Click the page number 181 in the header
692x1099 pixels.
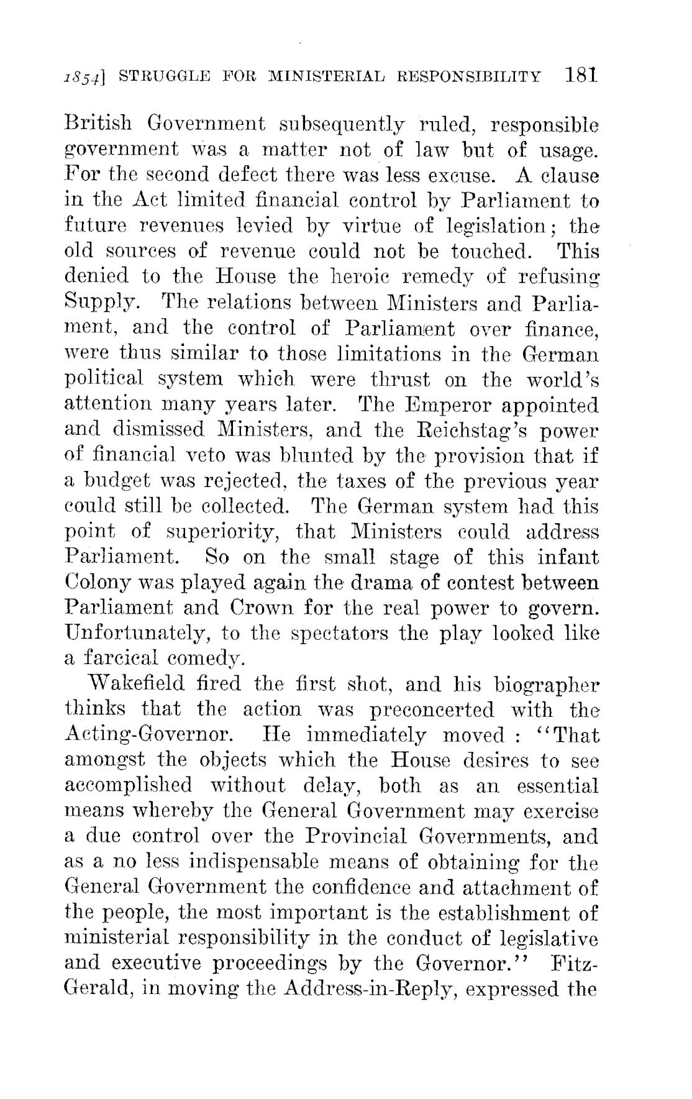click(581, 76)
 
